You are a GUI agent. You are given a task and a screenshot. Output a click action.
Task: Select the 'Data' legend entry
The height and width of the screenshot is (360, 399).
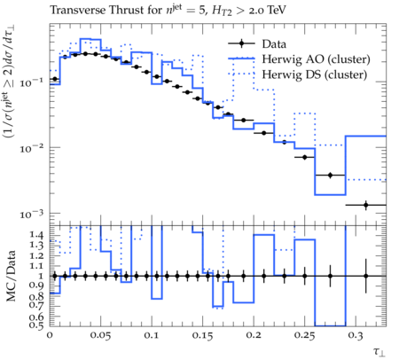pos(274,44)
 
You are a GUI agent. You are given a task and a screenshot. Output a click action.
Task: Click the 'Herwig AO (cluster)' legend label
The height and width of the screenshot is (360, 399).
pos(316,59)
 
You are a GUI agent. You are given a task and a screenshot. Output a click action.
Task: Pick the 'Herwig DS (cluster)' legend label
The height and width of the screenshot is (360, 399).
pos(315,74)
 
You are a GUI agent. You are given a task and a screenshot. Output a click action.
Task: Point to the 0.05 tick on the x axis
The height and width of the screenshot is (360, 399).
pos(100,335)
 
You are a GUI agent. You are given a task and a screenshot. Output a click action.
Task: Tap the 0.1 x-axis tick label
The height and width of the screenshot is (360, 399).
pos(152,335)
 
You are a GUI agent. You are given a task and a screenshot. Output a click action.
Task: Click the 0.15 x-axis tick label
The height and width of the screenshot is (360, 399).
pos(202,335)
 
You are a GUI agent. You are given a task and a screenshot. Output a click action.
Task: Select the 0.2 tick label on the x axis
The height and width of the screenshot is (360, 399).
pos(254,335)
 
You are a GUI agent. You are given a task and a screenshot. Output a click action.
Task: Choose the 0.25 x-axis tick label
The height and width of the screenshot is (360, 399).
pos(304,335)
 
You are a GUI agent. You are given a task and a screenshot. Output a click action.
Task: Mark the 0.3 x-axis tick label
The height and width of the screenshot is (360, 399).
pos(356,335)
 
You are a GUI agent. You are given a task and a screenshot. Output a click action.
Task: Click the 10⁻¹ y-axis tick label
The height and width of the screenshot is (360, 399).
pos(31,82)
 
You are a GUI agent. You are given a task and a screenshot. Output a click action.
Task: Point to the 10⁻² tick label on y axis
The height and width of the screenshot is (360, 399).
pos(31,148)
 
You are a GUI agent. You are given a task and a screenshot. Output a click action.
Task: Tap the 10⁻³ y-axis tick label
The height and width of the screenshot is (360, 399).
pos(31,214)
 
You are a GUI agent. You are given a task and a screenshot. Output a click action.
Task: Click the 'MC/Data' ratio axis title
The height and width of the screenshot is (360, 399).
pos(12,277)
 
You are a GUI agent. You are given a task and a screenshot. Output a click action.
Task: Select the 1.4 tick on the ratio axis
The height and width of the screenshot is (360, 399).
pos(36,236)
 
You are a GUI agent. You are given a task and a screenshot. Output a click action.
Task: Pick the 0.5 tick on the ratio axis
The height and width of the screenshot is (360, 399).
pos(36,325)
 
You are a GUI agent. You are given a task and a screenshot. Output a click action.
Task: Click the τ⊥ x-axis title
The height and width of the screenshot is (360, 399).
pos(379,351)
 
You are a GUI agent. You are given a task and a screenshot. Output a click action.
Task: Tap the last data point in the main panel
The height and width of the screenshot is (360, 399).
pos(366,205)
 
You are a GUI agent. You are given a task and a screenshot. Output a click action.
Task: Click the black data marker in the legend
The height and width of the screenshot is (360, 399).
pos(241,44)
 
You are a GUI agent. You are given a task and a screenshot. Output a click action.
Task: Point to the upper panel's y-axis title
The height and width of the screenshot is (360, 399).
pos(9,82)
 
